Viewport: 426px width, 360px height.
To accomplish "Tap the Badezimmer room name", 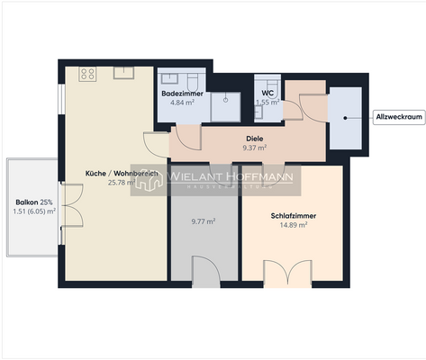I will [x=183, y=94].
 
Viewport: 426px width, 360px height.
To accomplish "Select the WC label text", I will [x=267, y=93].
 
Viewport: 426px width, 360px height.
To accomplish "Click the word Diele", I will [x=255, y=139].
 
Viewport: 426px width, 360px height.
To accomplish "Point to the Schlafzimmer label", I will [x=293, y=216].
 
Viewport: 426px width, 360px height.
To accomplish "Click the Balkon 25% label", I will [x=34, y=202].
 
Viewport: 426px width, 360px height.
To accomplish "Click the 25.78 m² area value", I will [x=122, y=182].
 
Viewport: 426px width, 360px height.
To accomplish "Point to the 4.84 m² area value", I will [x=183, y=103].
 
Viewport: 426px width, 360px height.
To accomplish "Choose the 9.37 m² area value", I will [x=255, y=148].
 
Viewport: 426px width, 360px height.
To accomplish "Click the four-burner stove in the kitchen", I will [x=87, y=75].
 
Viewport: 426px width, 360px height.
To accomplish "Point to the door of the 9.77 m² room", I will [x=205, y=272].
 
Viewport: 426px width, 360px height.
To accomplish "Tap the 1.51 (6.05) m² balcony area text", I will [x=34, y=211].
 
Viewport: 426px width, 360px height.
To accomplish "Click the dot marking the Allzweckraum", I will [x=346, y=117].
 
